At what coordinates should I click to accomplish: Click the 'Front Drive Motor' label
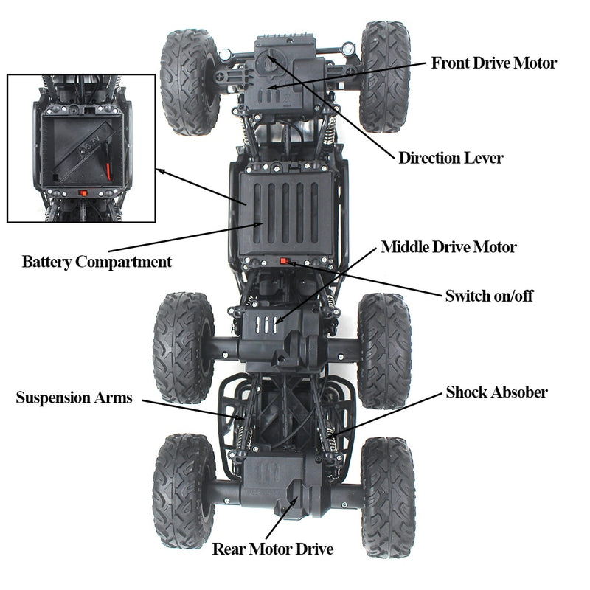click(x=493, y=63)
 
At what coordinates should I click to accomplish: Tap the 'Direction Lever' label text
click(x=451, y=157)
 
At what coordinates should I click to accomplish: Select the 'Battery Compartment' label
click(x=97, y=262)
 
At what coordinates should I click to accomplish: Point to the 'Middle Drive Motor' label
click(x=448, y=247)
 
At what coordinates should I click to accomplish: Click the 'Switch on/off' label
click(x=488, y=296)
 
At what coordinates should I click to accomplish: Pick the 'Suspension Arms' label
click(x=74, y=398)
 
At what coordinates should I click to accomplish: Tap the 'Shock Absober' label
click(x=496, y=392)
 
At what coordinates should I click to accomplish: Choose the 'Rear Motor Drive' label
click(x=273, y=549)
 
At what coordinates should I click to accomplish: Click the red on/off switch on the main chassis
click(x=285, y=261)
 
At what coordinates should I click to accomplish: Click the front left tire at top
click(x=190, y=81)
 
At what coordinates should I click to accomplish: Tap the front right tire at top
click(x=384, y=76)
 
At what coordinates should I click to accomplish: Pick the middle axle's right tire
click(x=383, y=350)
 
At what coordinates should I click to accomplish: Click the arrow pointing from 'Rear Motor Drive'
click(x=282, y=519)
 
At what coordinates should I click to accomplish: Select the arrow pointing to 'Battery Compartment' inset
click(x=195, y=188)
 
